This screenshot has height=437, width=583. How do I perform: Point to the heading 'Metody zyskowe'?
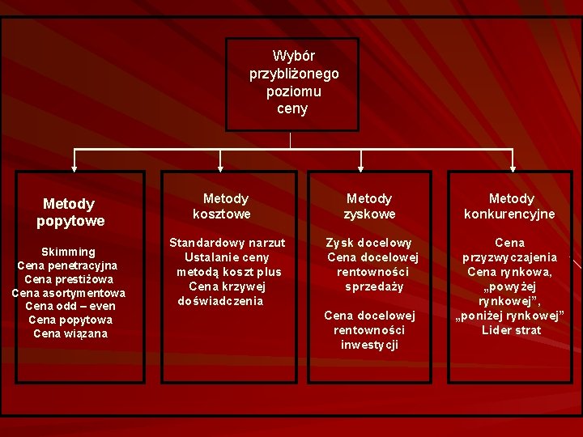(369, 206)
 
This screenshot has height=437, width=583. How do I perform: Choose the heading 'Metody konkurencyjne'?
(510, 206)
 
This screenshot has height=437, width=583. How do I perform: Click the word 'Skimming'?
(68, 252)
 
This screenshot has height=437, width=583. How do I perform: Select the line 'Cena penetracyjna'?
(68, 265)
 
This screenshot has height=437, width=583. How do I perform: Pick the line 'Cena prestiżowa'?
(68, 279)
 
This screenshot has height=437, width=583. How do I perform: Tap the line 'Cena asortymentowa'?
(68, 293)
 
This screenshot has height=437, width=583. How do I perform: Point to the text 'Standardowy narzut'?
(227, 243)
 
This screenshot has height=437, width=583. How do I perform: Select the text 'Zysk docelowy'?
(369, 243)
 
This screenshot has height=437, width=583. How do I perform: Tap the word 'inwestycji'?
(369, 345)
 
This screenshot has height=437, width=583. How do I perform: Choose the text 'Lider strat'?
(510, 330)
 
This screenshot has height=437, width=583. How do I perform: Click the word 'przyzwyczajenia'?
(510, 257)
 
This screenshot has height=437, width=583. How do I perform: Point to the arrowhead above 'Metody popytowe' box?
(74, 168)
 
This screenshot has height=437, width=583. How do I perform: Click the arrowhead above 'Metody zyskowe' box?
(366, 168)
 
